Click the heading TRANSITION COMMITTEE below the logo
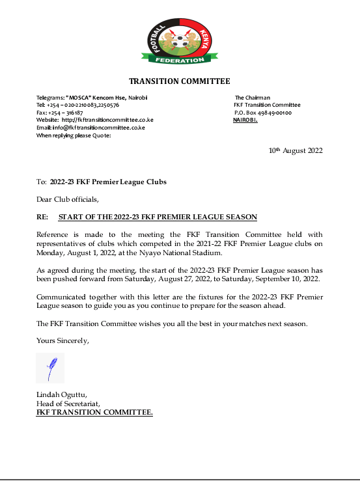180,81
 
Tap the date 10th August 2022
296,150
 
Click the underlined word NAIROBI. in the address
245,120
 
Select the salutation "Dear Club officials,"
67,199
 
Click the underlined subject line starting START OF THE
158,216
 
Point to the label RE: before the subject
42,216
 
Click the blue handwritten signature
49,368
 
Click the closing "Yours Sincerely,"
62,340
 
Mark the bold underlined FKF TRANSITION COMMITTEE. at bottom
94,412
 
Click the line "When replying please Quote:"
74,135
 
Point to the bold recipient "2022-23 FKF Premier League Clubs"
108,182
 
